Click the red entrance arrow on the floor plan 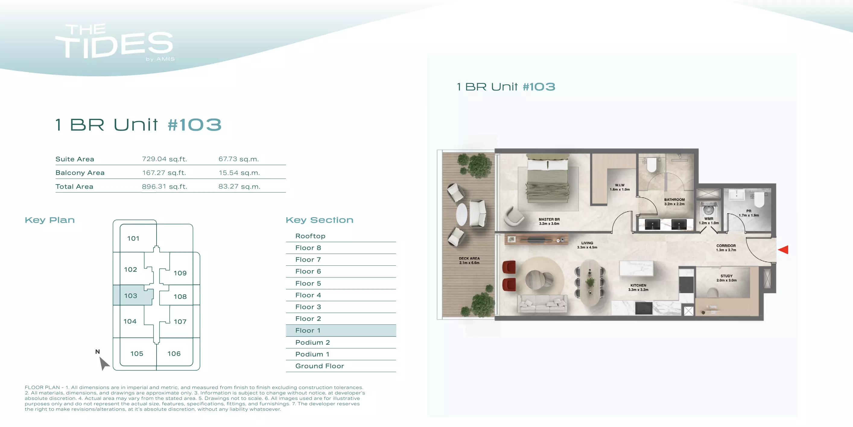(x=783, y=250)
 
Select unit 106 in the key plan (x=174, y=353)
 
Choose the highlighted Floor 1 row (x=341, y=330)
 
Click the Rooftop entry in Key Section (x=310, y=236)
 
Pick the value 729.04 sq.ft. (x=164, y=159)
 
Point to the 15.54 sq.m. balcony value (x=239, y=173)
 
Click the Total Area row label (x=74, y=187)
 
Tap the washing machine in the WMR (x=708, y=209)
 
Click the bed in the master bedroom (x=548, y=179)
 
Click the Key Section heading (x=319, y=220)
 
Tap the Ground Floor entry (x=319, y=366)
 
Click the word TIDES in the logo (x=114, y=45)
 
